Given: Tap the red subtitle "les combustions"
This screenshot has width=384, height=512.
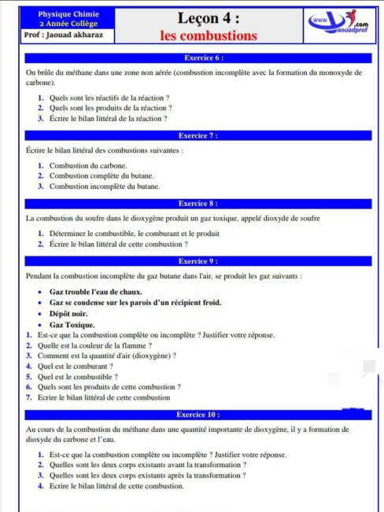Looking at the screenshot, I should [209, 35].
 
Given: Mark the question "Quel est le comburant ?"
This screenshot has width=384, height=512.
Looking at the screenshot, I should [75, 367].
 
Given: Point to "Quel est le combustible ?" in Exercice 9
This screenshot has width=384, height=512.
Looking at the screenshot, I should [77, 377].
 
